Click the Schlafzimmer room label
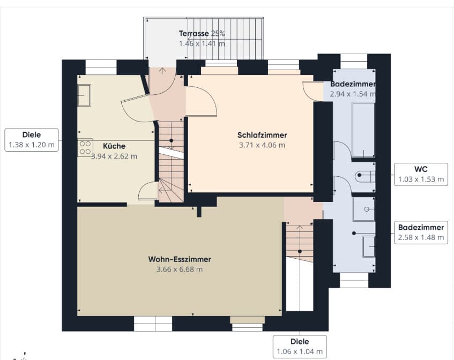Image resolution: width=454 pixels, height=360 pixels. tap(262, 135)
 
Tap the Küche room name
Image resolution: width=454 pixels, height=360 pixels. tap(114, 146)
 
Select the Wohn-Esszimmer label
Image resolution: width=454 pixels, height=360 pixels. tap(180, 259)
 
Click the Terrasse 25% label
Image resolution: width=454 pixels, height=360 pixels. tap(202, 34)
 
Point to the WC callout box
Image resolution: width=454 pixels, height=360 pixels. tap(421, 174)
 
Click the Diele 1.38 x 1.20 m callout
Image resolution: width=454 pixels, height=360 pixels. tap(32, 140)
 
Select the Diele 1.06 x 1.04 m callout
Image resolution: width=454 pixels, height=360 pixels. tap(300, 347)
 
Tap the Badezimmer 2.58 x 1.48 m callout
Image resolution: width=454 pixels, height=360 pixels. tap(421, 232)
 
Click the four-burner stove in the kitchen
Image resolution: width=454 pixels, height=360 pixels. tap(85, 147)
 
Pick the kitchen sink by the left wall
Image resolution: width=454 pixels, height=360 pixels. tap(84, 95)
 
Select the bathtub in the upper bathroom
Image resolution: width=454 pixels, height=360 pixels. tap(363, 130)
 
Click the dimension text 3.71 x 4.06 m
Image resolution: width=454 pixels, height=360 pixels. tap(262, 145)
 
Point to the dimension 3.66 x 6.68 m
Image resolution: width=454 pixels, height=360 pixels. tap(180, 269)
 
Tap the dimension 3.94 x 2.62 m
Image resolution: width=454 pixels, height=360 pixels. tap(114, 156)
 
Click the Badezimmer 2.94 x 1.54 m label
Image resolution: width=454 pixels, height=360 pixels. tap(353, 89)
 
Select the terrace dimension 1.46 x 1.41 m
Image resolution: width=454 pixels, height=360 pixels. tap(202, 44)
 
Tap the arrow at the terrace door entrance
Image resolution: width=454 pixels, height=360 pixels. tap(162, 71)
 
